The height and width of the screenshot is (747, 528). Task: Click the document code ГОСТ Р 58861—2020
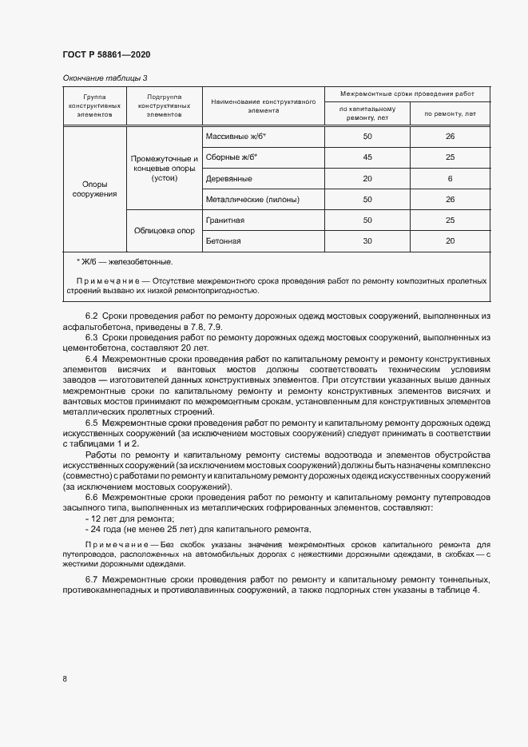[105, 54]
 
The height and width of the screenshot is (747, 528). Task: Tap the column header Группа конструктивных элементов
[94, 105]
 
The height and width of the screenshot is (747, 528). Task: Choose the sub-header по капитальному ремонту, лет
[367, 113]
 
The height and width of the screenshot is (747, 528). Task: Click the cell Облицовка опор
[164, 230]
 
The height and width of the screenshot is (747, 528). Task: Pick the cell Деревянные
[229, 178]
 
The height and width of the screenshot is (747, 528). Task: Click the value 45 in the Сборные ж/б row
[367, 157]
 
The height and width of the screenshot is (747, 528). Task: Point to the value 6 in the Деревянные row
[450, 178]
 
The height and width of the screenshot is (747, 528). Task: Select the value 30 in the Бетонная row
[367, 240]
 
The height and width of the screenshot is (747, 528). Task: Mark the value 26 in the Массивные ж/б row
[450, 137]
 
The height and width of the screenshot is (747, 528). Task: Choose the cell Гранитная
[225, 220]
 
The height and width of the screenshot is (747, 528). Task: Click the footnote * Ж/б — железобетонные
[124, 261]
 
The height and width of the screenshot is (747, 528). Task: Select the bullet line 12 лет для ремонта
[117, 519]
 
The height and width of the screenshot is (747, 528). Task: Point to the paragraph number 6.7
[91, 578]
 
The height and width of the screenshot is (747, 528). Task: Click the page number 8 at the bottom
[64, 679]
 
